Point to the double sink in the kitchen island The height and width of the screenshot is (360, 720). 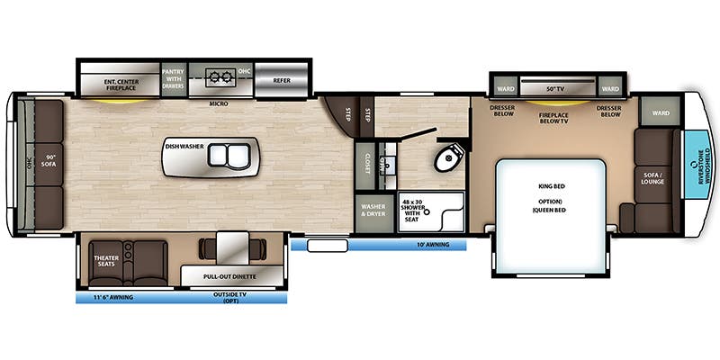tap(226, 155)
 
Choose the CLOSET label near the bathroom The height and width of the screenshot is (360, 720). tap(367, 162)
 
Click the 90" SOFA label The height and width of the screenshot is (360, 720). tap(50, 163)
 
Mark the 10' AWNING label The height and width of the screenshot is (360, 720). tap(434, 244)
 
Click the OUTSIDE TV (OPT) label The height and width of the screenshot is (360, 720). tap(232, 296)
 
